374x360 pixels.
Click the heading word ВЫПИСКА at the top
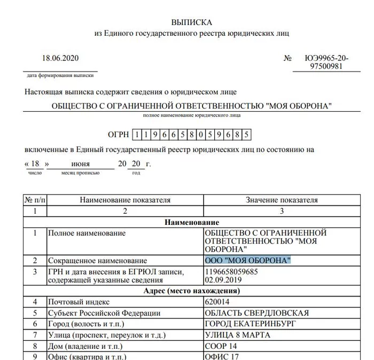coord(191,22)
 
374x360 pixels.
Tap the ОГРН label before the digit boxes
coord(119,134)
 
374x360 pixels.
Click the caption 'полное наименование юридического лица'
coord(191,115)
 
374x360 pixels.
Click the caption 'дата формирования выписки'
coord(60,76)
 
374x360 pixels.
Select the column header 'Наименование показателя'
coord(125,200)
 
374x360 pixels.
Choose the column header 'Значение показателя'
coord(282,200)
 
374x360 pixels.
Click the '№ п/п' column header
coord(35,200)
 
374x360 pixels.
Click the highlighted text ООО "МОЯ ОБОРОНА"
coord(248,261)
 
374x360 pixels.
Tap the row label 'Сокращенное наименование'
coord(97,261)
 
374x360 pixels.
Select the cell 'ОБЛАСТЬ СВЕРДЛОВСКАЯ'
coord(257,313)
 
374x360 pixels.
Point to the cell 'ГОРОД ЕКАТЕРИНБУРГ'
coord(251,324)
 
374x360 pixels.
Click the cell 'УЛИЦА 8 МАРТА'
coord(238,335)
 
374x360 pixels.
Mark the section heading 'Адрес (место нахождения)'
coord(192,291)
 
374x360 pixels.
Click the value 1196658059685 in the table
coord(231,272)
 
